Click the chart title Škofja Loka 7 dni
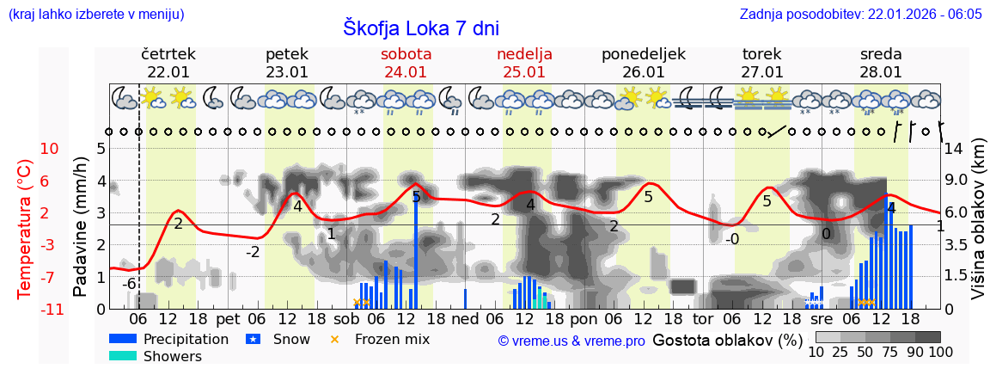pyautogui.click(x=420, y=28)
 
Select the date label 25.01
pyautogui.click(x=524, y=72)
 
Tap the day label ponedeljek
pyautogui.click(x=643, y=54)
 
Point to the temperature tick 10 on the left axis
pyautogui.click(x=50, y=149)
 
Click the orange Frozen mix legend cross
pyautogui.click(x=335, y=339)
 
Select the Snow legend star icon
pyautogui.click(x=253, y=339)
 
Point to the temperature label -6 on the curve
pyautogui.click(x=129, y=285)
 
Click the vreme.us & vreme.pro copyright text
pyautogui.click(x=571, y=341)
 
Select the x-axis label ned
pyautogui.click(x=465, y=318)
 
